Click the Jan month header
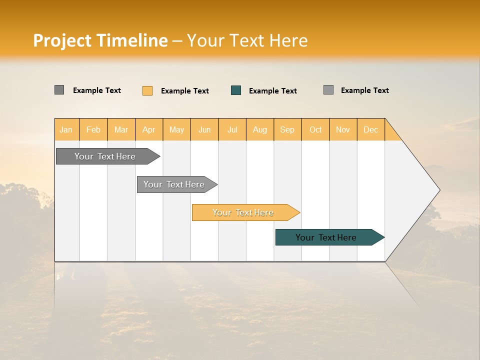(66, 129)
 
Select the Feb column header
(93, 129)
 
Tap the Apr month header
(148, 129)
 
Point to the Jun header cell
(204, 129)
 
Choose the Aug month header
(259, 129)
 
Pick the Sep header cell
(287, 129)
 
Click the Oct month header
(315, 129)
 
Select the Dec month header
(370, 129)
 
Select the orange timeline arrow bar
(243, 212)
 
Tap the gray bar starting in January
(105, 156)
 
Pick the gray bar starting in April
(174, 184)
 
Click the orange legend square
(147, 90)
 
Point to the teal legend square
(236, 90)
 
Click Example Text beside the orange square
(184, 91)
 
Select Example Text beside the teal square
(272, 91)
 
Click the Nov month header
(342, 129)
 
